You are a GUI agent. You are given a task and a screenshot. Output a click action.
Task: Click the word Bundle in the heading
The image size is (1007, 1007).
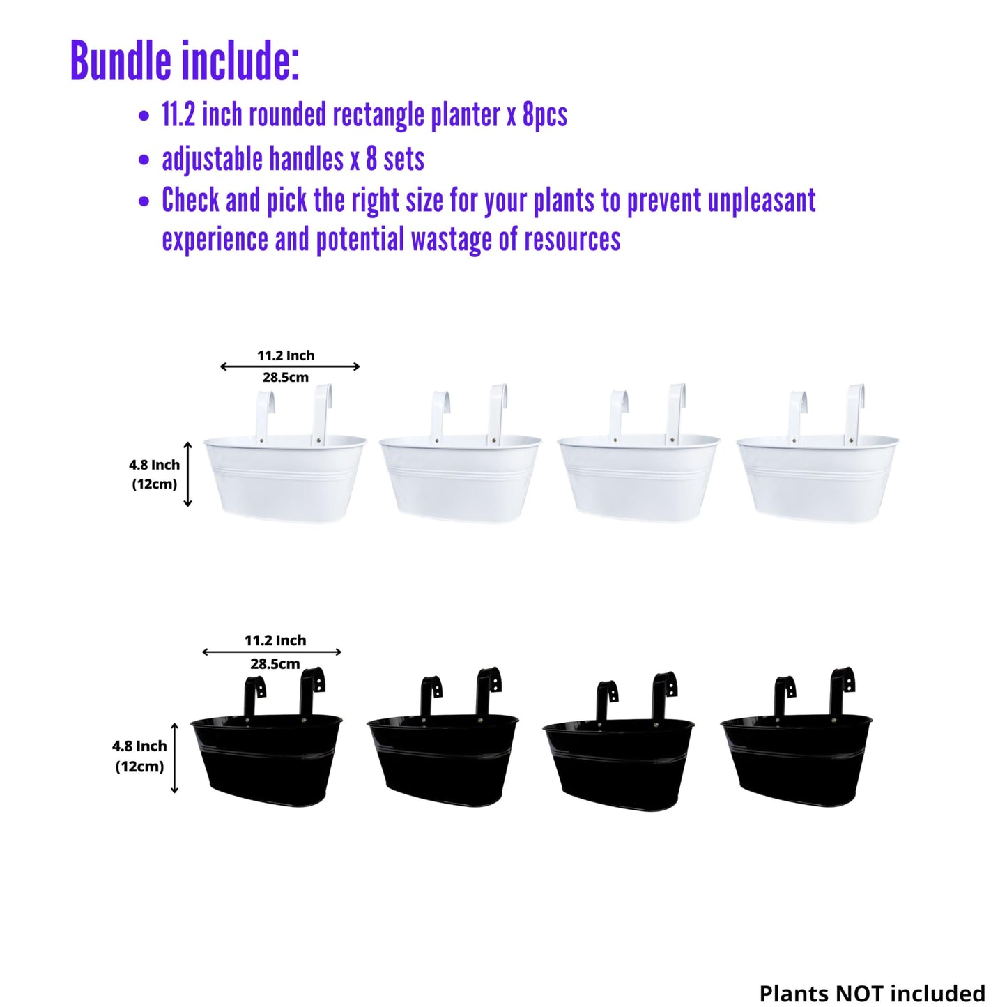pyautogui.click(x=121, y=61)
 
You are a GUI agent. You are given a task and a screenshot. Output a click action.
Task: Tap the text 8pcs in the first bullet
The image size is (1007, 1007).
pyautogui.click(x=545, y=115)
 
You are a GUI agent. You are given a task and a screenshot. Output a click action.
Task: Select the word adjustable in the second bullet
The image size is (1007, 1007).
pyautogui.click(x=212, y=159)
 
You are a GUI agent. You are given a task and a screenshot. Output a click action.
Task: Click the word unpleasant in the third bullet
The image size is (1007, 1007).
pyautogui.click(x=762, y=201)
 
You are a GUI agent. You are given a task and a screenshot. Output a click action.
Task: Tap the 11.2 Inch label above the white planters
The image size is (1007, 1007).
pyautogui.click(x=286, y=356)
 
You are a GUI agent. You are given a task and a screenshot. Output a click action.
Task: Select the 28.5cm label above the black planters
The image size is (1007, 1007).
pyautogui.click(x=275, y=664)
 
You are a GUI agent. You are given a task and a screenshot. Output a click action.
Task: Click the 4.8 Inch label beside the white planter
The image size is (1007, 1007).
pyautogui.click(x=154, y=465)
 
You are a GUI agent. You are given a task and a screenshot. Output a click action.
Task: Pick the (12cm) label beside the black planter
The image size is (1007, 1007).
pyautogui.click(x=139, y=767)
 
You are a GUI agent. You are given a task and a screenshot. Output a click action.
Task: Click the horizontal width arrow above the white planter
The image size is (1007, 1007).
pyautogui.click(x=290, y=367)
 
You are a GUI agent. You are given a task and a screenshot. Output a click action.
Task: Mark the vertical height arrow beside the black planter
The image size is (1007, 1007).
pyautogui.click(x=174, y=758)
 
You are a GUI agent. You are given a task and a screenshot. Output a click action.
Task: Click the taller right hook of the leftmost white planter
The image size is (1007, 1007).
pyautogui.click(x=321, y=414)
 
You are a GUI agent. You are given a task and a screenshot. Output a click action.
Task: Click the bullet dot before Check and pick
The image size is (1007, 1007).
pyautogui.click(x=144, y=201)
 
